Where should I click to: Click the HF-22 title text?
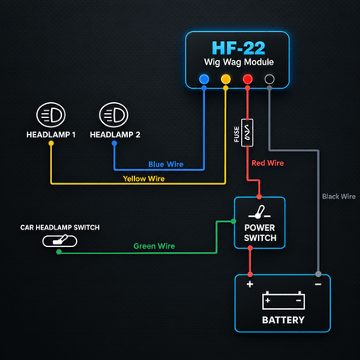point(239,48)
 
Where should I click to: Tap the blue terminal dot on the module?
point(204,79)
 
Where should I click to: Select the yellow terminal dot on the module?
point(226,79)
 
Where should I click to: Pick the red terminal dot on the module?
point(248,79)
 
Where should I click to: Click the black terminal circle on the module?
point(270,79)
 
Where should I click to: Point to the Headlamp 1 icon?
point(51,115)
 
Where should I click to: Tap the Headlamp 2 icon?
point(114,115)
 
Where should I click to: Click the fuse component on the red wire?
point(247,132)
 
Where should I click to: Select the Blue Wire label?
point(166,164)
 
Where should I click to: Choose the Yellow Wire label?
point(144,178)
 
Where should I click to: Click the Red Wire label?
point(268,163)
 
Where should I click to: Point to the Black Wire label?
point(339,197)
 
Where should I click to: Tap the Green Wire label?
point(154,246)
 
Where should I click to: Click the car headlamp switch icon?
point(59,241)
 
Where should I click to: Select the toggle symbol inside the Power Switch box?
point(260,213)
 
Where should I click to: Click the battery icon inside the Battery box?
point(283,301)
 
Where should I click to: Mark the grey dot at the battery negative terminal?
point(318,274)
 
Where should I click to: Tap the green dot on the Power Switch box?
point(234,222)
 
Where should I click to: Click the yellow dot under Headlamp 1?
point(51,143)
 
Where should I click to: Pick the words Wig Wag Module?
point(239,62)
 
